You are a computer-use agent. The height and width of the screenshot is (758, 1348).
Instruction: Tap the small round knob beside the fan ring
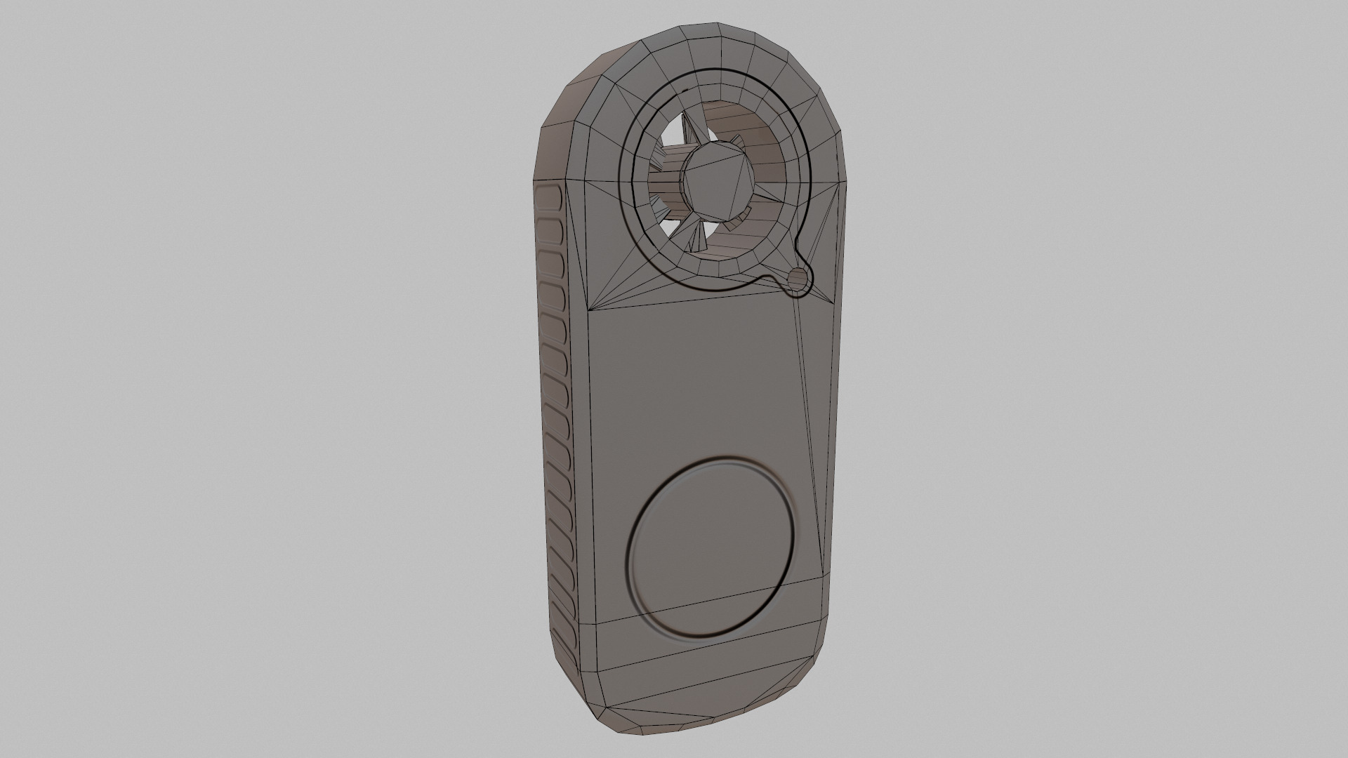pyautogui.click(x=798, y=280)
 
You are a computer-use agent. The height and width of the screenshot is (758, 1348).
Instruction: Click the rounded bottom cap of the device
pyautogui.click(x=695, y=702)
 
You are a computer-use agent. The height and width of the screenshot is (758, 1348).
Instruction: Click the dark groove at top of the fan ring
pyautogui.click(x=716, y=70)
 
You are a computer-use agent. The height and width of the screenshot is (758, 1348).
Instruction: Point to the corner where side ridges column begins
pyautogui.click(x=539, y=184)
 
